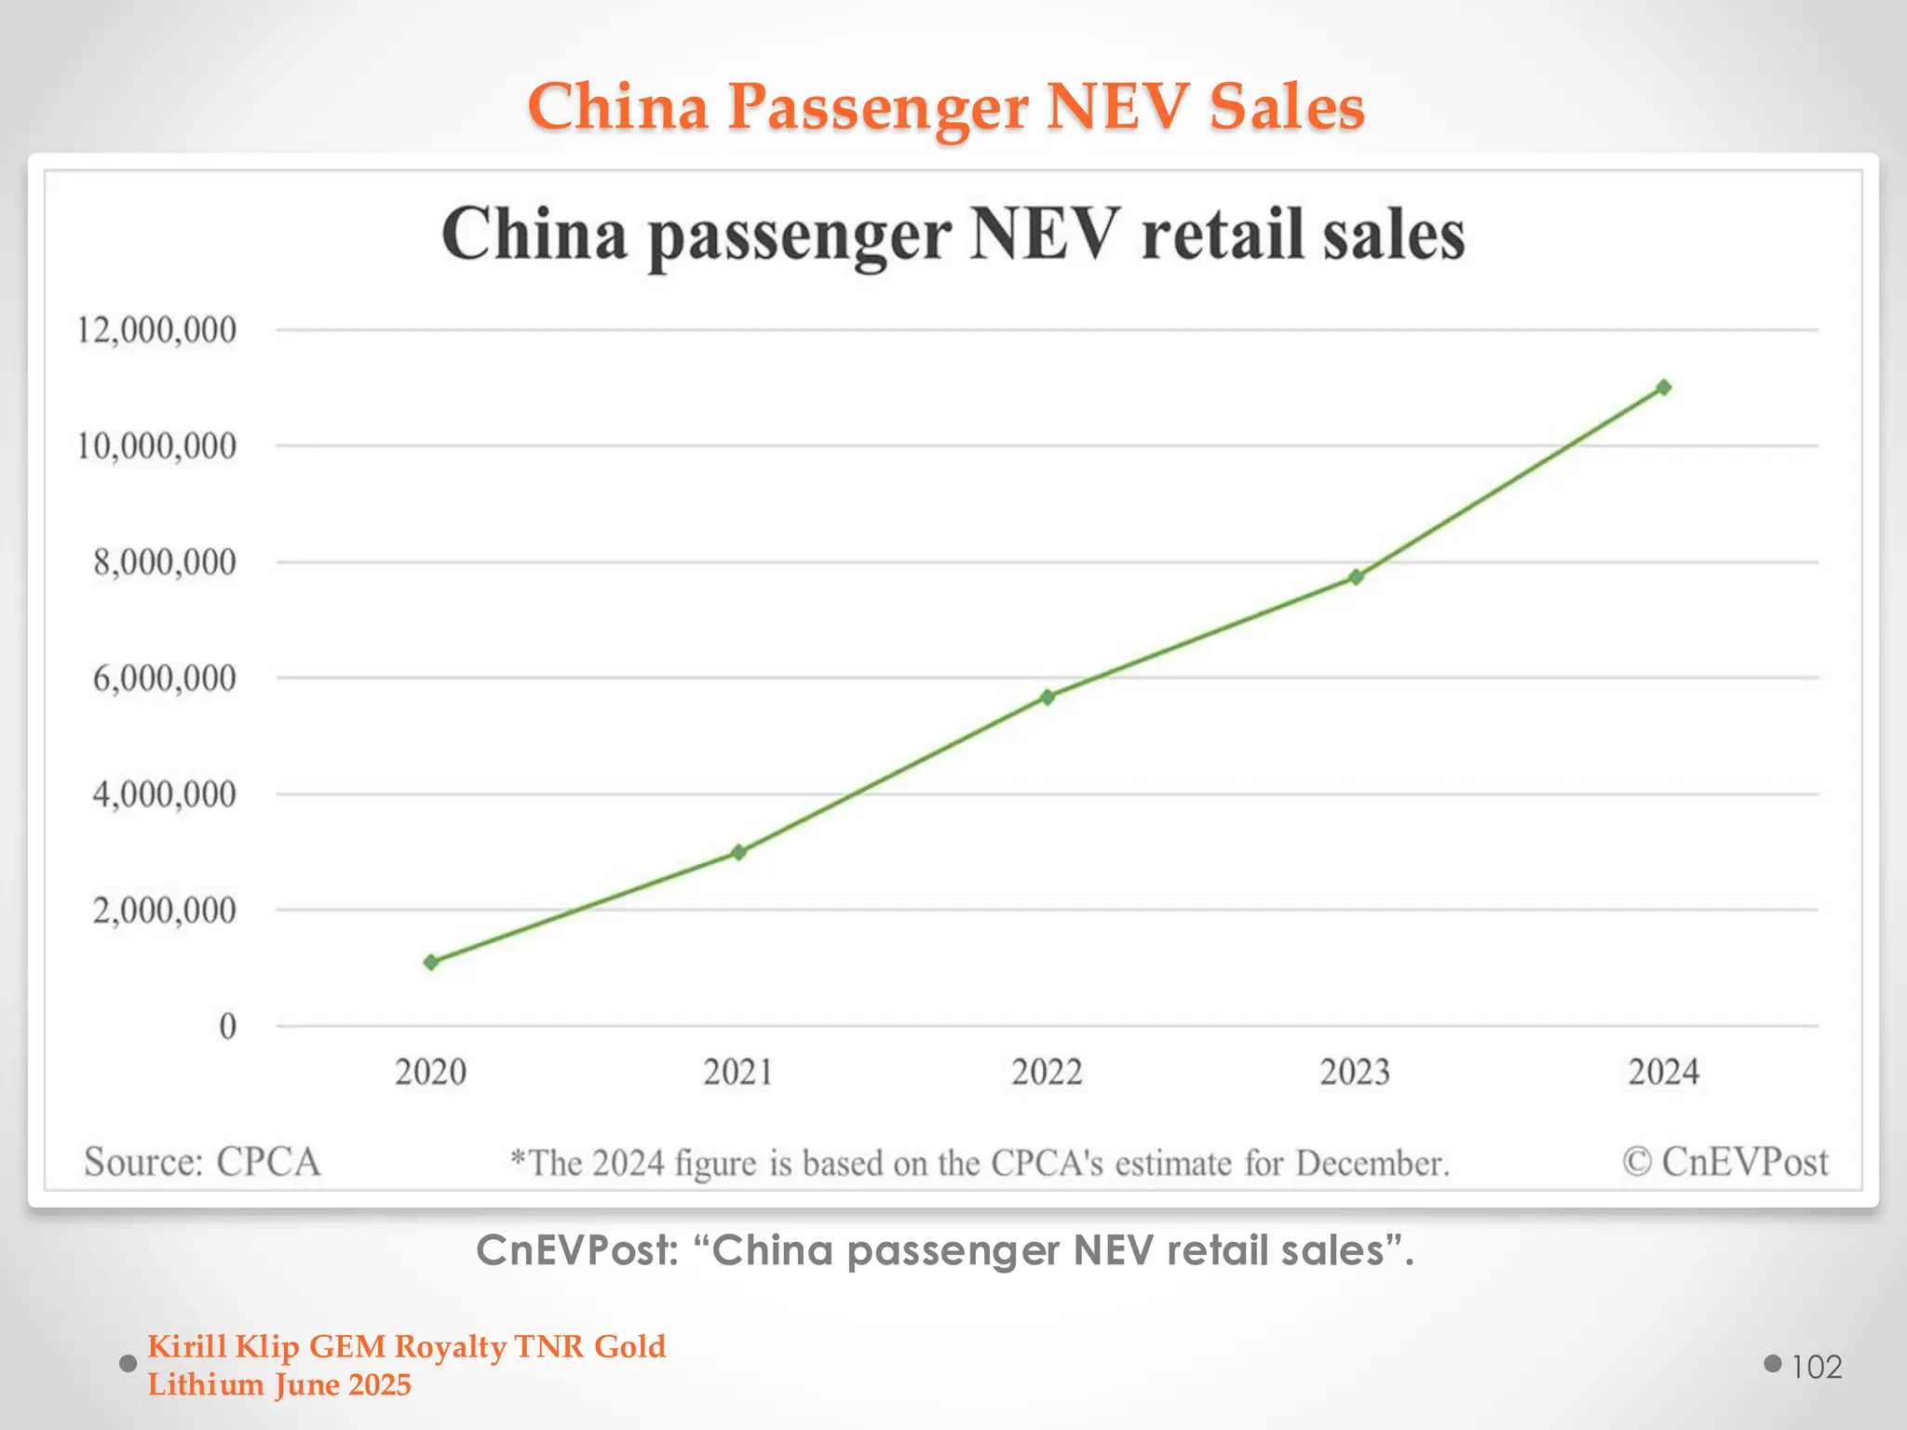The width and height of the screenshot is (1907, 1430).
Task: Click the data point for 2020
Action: point(431,962)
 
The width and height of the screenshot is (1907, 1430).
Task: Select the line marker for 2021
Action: point(739,852)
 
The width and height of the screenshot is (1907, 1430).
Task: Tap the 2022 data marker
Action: point(1048,696)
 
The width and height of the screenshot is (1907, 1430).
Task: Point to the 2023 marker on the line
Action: point(1357,577)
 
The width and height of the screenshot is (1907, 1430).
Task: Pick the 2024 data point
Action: point(1664,387)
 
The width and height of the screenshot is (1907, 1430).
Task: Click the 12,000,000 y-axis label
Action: point(156,330)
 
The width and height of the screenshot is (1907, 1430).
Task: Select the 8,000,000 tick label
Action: point(164,562)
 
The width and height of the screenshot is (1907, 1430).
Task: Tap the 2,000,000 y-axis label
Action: point(164,910)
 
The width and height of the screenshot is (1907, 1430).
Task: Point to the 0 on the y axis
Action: point(227,1026)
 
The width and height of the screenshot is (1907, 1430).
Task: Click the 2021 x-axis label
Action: point(738,1072)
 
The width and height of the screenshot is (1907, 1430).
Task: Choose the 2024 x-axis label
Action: point(1664,1072)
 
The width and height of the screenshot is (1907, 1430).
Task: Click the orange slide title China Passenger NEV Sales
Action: point(946,106)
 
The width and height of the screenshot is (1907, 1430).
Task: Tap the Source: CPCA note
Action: point(202,1162)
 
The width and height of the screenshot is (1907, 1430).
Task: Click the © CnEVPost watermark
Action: point(1725,1162)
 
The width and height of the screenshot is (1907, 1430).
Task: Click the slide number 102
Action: point(1817,1367)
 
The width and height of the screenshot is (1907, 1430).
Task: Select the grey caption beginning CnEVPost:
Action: point(945,1250)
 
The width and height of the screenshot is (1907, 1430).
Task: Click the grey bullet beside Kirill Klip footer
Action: point(128,1364)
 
